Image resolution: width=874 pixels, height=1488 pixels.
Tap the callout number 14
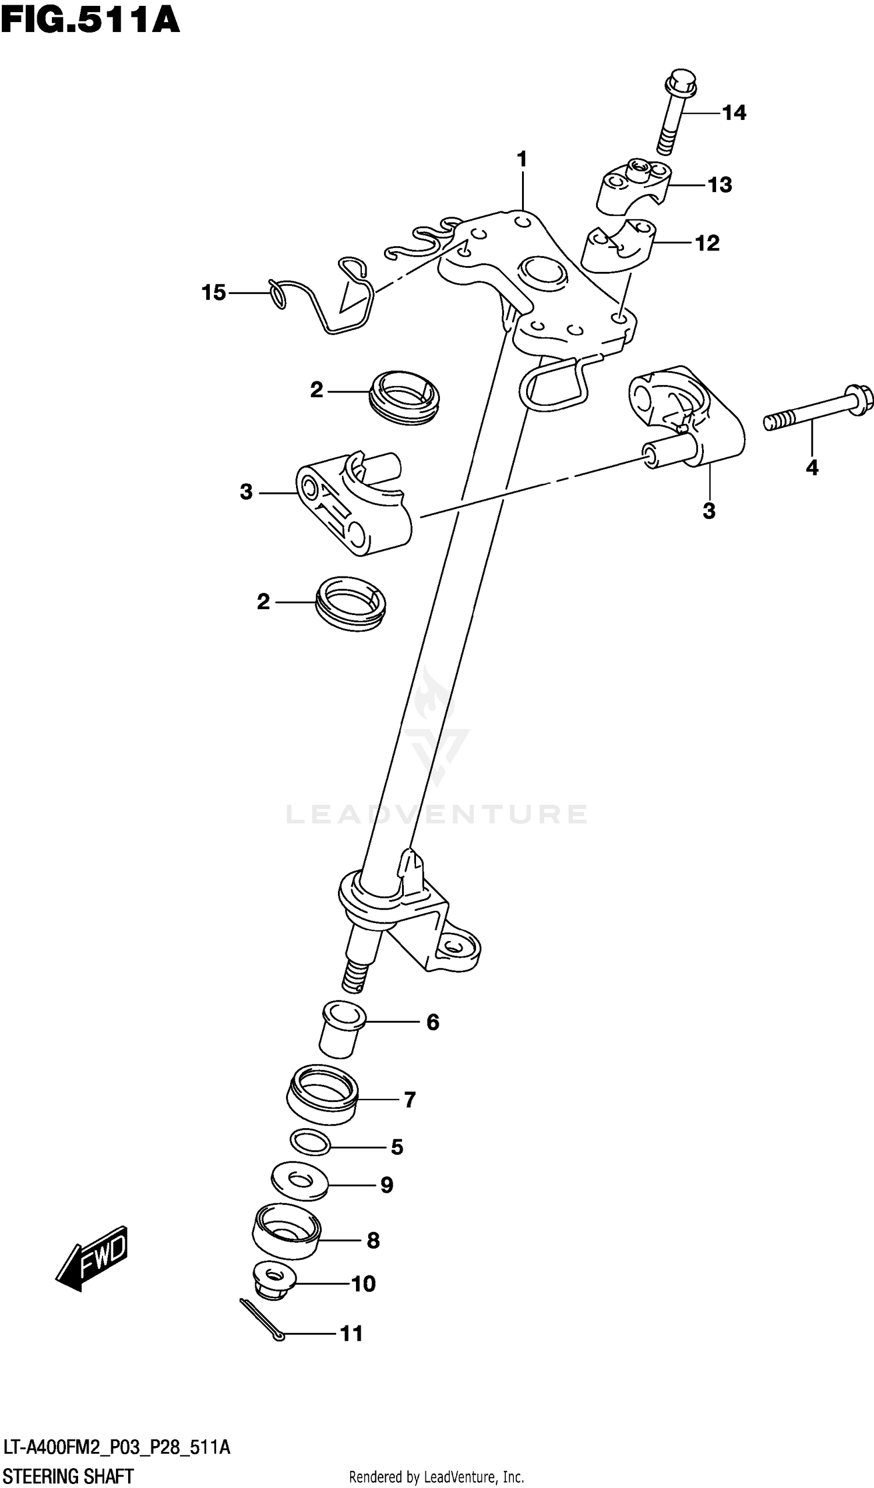tap(734, 113)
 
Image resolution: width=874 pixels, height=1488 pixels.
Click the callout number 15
tap(214, 292)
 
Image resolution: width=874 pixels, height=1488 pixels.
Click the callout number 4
tap(812, 468)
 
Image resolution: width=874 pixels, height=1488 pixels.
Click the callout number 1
tap(521, 160)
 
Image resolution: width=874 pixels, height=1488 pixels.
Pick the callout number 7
tap(410, 1099)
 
